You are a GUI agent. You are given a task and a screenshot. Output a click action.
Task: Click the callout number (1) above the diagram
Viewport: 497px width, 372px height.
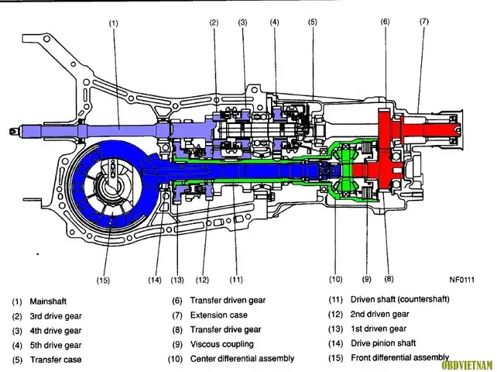pyautogui.click(x=113, y=23)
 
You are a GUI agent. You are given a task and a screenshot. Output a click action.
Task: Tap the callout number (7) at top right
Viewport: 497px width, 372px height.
pyautogui.click(x=424, y=21)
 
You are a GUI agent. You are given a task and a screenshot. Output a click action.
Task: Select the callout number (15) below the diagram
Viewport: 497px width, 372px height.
pyautogui.click(x=103, y=281)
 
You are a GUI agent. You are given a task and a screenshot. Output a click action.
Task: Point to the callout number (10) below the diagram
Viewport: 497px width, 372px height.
pyautogui.click(x=336, y=279)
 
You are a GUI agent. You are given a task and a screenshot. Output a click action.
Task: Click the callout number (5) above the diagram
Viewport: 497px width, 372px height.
pyautogui.click(x=312, y=22)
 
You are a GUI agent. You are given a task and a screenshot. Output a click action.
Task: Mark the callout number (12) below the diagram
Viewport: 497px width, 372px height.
pyautogui.click(x=202, y=280)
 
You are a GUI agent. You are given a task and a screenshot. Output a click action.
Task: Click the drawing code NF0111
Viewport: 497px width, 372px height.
pyautogui.click(x=462, y=280)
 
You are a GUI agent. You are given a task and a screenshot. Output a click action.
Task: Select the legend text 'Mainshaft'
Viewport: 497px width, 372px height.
pyautogui.click(x=48, y=301)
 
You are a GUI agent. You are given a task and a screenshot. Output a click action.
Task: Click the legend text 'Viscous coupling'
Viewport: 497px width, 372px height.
pyautogui.click(x=222, y=344)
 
